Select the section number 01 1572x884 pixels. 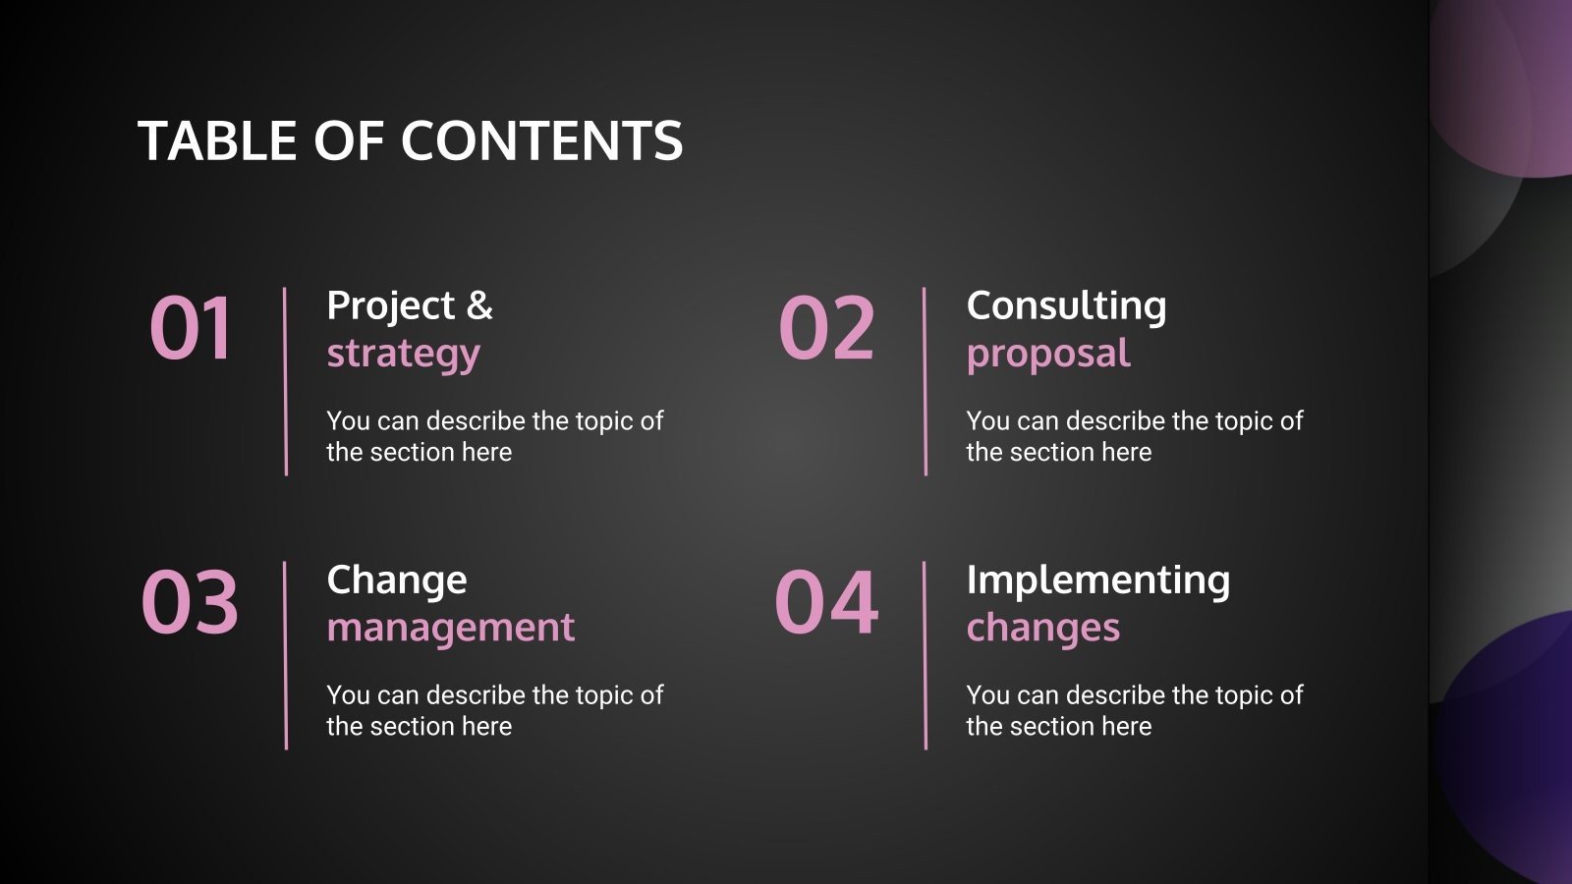click(x=192, y=328)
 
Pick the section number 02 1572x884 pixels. click(x=826, y=328)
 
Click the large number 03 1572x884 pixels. click(x=190, y=602)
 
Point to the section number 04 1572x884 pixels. click(x=826, y=602)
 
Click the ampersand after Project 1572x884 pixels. click(x=479, y=305)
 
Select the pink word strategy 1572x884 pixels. click(x=403, y=354)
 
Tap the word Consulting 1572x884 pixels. click(x=1066, y=305)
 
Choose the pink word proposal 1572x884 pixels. click(x=1048, y=354)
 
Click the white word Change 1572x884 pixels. click(x=397, y=580)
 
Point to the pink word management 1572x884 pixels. click(x=450, y=628)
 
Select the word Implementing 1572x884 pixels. click(x=1097, y=580)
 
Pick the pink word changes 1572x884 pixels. click(x=1042, y=628)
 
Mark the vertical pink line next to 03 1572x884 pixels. click(x=286, y=655)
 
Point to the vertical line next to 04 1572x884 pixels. click(x=926, y=655)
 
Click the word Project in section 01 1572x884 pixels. click(x=390, y=306)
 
